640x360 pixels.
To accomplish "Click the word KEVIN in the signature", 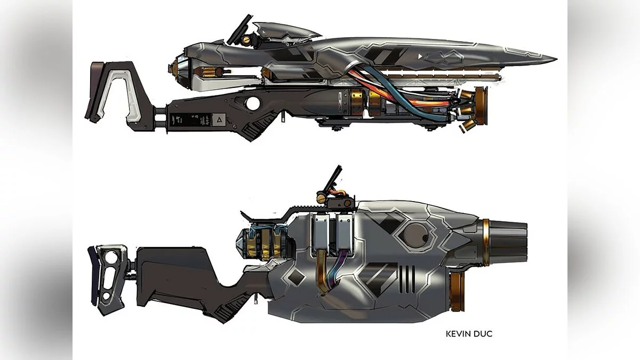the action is [457, 334].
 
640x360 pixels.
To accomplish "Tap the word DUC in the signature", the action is [482, 334].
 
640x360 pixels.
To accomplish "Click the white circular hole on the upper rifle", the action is [253, 103].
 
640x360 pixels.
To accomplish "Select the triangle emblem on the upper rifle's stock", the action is [219, 119].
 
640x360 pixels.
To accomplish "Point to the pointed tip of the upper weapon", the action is [556, 59].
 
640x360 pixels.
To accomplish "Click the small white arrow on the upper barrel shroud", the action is [420, 57].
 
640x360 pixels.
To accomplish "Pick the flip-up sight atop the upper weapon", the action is [239, 30].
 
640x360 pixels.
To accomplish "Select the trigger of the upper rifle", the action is [283, 116].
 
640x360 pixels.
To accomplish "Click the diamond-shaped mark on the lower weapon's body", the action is [296, 276].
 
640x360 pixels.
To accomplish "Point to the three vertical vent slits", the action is [407, 279].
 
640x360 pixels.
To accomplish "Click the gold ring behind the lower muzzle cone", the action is [486, 243].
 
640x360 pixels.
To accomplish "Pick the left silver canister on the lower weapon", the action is [321, 234].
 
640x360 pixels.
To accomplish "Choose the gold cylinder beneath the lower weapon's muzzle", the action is [457, 291].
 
